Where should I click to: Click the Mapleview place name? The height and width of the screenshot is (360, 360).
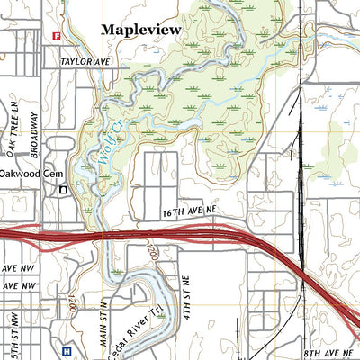tap(140, 30)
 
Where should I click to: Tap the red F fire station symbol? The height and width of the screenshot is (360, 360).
tap(56, 37)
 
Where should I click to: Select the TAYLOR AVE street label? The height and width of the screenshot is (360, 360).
tap(85, 62)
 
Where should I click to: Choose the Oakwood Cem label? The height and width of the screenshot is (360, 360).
tap(28, 173)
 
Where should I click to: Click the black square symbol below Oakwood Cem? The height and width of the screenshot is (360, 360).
tap(63, 190)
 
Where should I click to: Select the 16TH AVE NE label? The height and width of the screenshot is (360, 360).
tap(191, 211)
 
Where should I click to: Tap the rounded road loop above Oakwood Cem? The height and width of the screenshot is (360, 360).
tap(54, 145)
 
